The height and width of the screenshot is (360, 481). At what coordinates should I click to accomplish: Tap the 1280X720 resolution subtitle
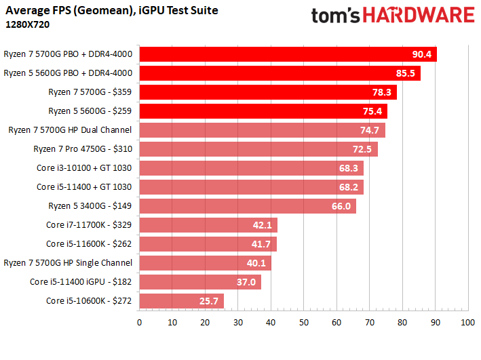tap(27, 24)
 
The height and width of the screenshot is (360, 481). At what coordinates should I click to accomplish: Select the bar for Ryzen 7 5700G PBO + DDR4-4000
tap(288, 54)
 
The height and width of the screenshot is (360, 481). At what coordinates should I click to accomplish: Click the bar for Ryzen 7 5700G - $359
tap(268, 92)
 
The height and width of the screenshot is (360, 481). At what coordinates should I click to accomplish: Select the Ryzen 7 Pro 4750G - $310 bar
tap(258, 149)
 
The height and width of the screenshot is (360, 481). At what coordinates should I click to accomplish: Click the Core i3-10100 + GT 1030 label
tap(84, 168)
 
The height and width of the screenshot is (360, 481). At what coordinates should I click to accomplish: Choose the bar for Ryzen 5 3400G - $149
tap(248, 206)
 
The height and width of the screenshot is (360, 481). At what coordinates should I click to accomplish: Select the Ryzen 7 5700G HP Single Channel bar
tap(205, 263)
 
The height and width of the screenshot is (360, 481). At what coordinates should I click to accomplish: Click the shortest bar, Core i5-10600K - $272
tap(181, 301)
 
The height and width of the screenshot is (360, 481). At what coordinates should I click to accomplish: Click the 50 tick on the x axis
tap(303, 323)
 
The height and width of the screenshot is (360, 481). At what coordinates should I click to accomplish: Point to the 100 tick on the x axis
tap(467, 323)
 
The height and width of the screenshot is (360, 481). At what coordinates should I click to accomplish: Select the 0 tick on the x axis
tap(139, 323)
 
